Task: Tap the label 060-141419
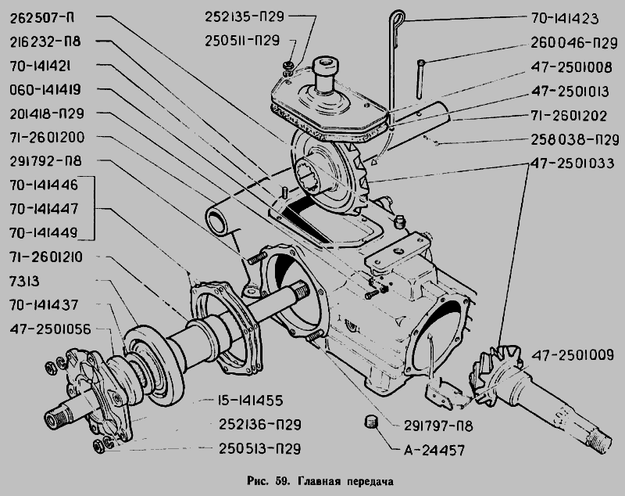[52, 89]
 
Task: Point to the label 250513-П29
[252, 448]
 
